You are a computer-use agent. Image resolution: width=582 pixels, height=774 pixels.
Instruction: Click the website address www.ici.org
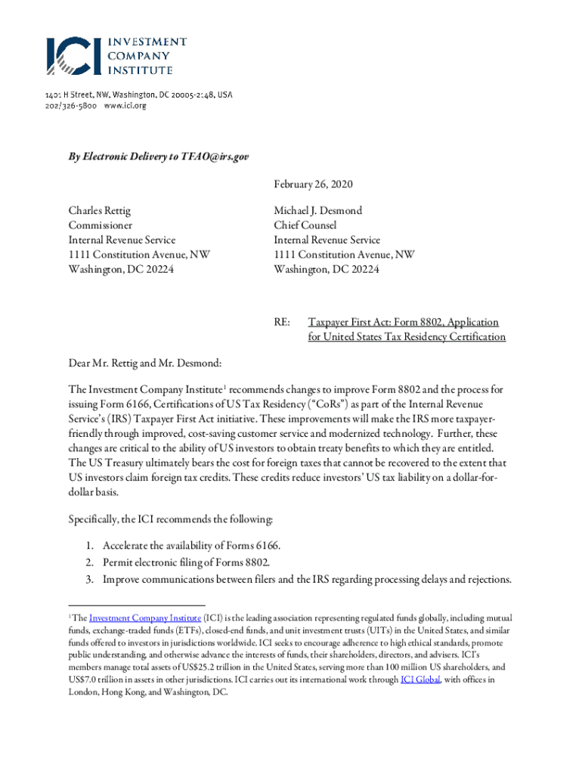point(125,106)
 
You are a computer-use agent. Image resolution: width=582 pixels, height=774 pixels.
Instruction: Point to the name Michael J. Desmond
point(317,211)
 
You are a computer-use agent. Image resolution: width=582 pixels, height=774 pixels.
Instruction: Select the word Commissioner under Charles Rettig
point(101,225)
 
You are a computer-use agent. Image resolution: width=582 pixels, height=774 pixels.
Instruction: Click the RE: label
point(282,323)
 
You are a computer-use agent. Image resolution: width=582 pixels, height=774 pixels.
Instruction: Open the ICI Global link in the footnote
point(419,680)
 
